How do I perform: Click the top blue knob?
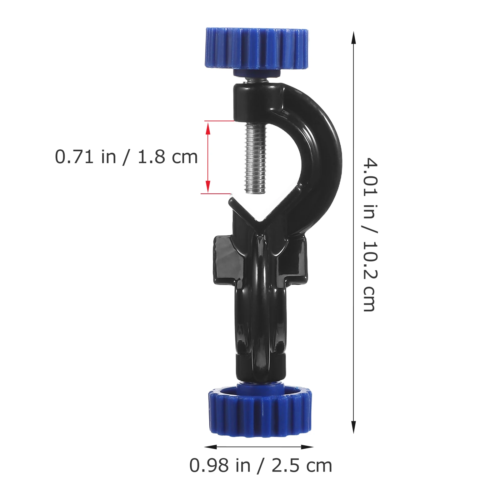[257, 48]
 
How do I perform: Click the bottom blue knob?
[260, 412]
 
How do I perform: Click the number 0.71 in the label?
[74, 157]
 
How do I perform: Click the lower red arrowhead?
[208, 189]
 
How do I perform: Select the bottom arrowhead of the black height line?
[353, 428]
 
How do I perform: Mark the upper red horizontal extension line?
[219, 121]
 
